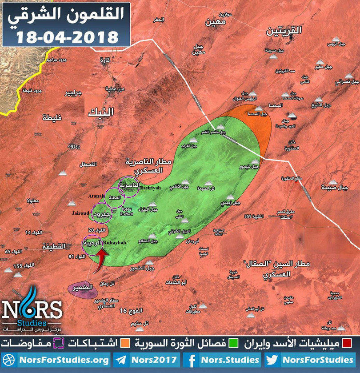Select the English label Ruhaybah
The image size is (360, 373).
pyautogui.click(x=114, y=242)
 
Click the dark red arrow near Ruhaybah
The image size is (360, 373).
pyautogui.click(x=102, y=257)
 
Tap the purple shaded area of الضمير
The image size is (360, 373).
pyautogui.click(x=83, y=290)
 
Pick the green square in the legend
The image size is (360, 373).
pyautogui.click(x=232, y=344)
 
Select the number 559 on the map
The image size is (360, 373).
pyautogui.click(x=250, y=217)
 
